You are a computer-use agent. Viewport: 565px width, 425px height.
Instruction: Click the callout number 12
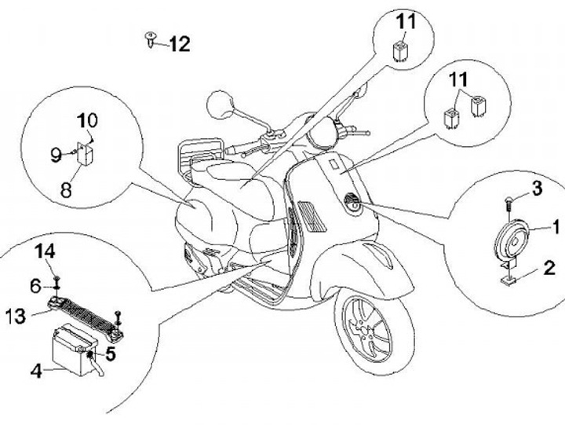180,43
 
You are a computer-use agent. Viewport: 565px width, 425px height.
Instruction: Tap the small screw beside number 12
150,37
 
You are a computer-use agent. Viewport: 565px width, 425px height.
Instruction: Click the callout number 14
46,251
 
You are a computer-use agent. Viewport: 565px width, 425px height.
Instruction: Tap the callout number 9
56,155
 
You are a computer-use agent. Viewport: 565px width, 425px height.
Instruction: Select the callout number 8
67,189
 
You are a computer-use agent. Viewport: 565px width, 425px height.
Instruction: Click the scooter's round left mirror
217,103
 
